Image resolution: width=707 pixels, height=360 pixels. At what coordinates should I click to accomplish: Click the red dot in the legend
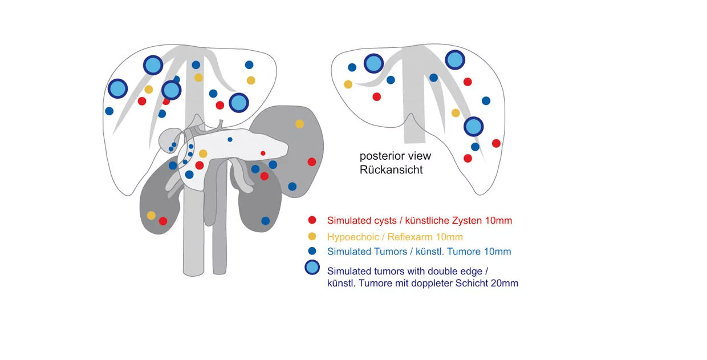tap(312, 220)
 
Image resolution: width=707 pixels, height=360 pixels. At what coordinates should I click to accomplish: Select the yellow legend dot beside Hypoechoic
tap(312, 236)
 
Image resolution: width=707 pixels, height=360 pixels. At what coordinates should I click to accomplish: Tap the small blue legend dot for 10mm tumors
tap(312, 251)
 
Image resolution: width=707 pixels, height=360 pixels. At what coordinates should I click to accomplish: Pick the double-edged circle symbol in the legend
tap(312, 268)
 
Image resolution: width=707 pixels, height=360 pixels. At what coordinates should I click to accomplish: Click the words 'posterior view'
tap(395, 156)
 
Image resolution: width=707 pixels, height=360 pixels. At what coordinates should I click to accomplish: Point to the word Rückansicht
tap(391, 169)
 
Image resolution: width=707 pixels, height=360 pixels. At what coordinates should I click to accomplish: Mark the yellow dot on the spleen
tap(299, 124)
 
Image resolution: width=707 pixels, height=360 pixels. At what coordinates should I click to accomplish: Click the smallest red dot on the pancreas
tap(263, 153)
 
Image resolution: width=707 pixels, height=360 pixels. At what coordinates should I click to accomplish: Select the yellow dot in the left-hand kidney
tap(151, 215)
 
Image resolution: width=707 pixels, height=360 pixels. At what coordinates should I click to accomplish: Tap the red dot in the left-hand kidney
tap(163, 221)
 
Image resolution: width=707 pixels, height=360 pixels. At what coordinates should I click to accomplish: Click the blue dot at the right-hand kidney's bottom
tap(265, 220)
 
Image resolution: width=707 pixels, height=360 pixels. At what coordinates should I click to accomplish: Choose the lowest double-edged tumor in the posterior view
tap(473, 126)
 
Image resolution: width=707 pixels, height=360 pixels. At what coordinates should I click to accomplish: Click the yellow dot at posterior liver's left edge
tap(348, 84)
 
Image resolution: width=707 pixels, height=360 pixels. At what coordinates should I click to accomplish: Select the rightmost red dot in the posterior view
tap(496, 143)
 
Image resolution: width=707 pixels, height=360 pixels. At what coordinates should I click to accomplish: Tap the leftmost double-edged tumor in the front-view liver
tap(117, 88)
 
